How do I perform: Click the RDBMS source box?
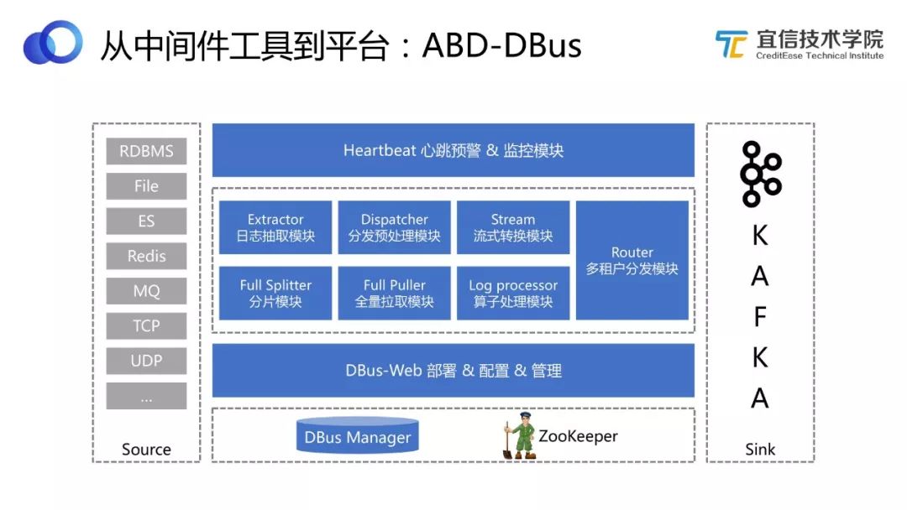146,152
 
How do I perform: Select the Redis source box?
146,257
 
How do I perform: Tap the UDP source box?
146,362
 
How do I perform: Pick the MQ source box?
146,292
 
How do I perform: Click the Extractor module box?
275,228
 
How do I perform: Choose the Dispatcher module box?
394,228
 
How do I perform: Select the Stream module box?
513,228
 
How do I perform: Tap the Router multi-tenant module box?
632,261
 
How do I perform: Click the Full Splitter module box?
275,294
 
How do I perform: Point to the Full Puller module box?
394,294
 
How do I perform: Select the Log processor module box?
513,294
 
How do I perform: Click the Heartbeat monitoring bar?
453,151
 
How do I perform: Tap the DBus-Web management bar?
453,371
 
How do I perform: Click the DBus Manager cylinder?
358,436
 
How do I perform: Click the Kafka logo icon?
760,174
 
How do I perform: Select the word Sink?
759,450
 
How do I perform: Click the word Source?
146,450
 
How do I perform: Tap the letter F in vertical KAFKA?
759,317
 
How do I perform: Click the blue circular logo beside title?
52,42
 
